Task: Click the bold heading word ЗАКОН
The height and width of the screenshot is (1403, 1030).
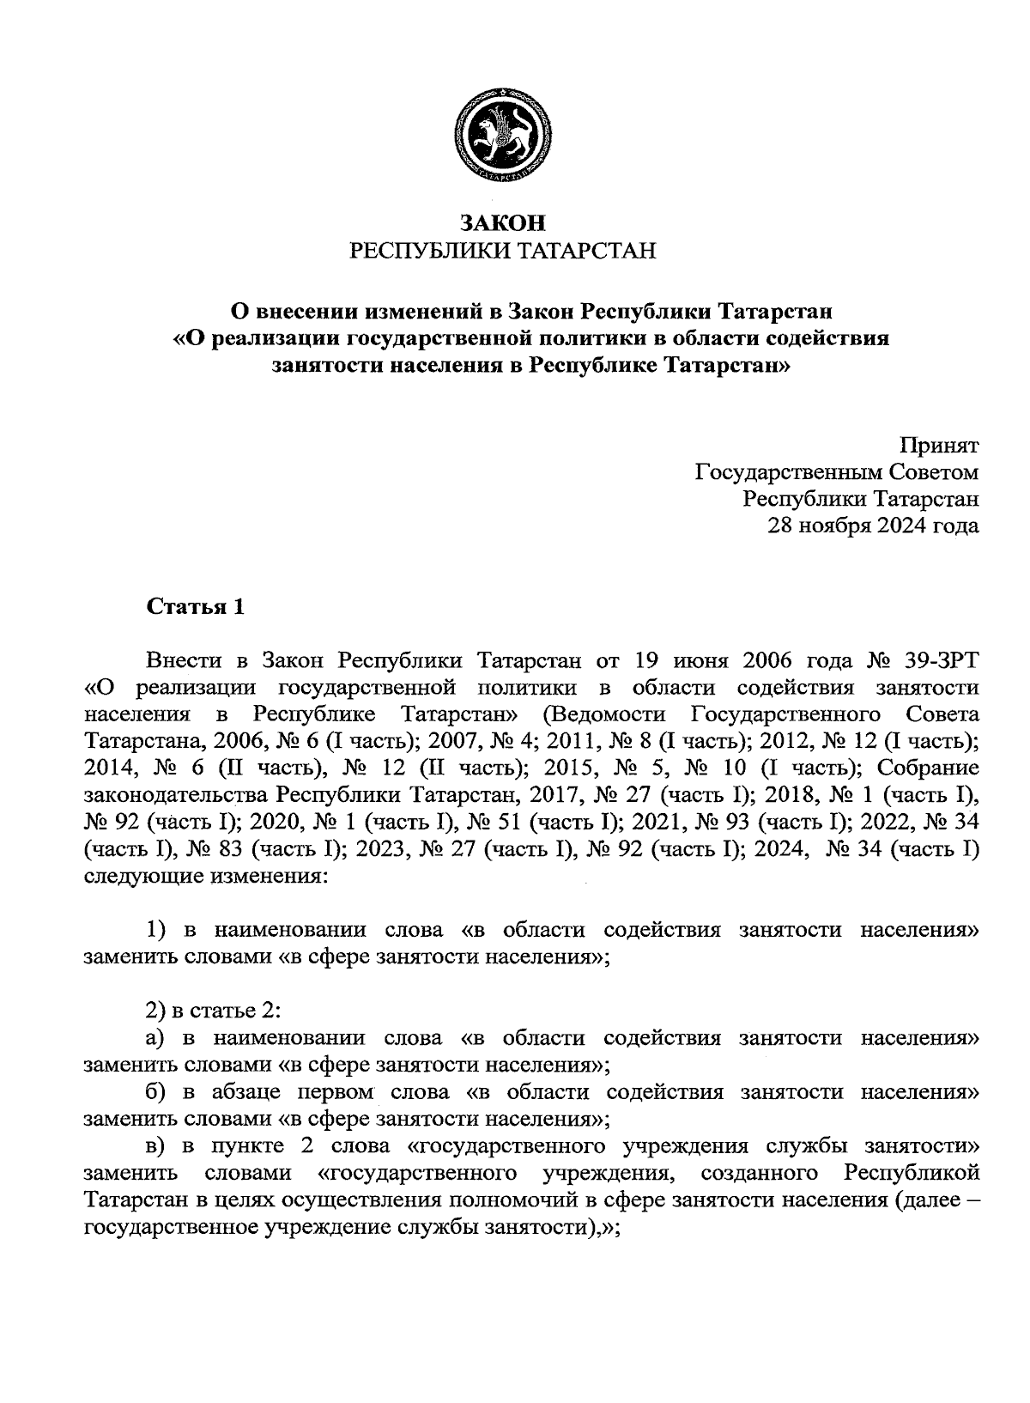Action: (x=502, y=222)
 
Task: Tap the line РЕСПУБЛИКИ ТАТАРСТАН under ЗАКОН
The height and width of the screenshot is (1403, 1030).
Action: (x=502, y=251)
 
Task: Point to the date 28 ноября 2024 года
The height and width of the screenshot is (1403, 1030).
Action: (x=873, y=525)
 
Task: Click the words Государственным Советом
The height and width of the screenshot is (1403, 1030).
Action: (x=835, y=472)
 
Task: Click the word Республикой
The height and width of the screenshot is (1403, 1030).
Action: (x=911, y=1173)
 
